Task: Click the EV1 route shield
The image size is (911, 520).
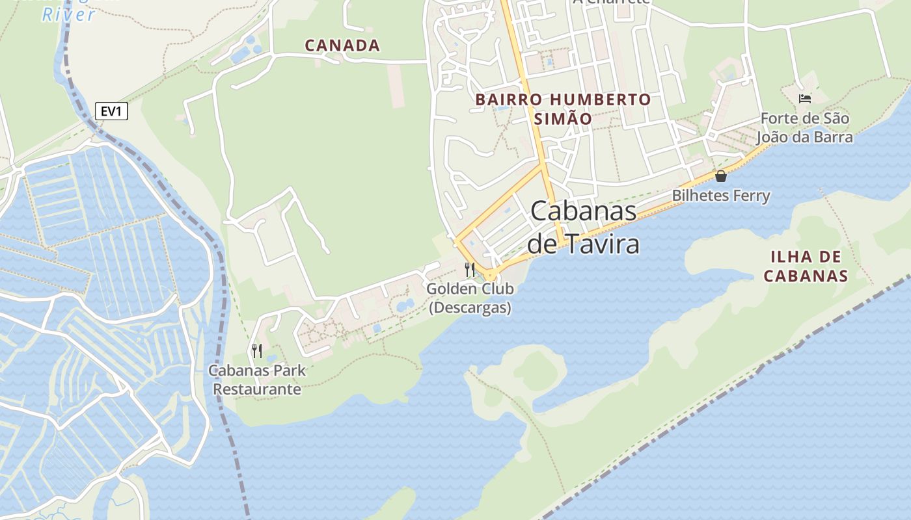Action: [111, 112]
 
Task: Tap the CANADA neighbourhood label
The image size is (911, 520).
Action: [342, 45]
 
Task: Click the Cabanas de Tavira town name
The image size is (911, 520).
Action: [583, 227]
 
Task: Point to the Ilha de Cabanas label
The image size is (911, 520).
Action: [806, 266]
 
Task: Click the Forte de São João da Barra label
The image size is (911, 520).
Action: [804, 128]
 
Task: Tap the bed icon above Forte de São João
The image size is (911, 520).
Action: [805, 99]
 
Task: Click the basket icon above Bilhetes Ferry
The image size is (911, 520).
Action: [721, 176]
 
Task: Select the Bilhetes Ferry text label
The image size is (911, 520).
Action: [721, 196]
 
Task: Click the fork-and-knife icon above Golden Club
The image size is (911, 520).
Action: [470, 269]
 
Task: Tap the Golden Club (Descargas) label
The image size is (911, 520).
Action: [470, 298]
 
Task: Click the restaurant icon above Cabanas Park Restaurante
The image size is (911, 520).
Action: [257, 351]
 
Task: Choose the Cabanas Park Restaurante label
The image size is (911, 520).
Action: [257, 380]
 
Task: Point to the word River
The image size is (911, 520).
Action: [69, 14]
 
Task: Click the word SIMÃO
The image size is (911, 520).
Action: [563, 119]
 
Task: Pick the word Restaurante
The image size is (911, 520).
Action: [257, 389]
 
